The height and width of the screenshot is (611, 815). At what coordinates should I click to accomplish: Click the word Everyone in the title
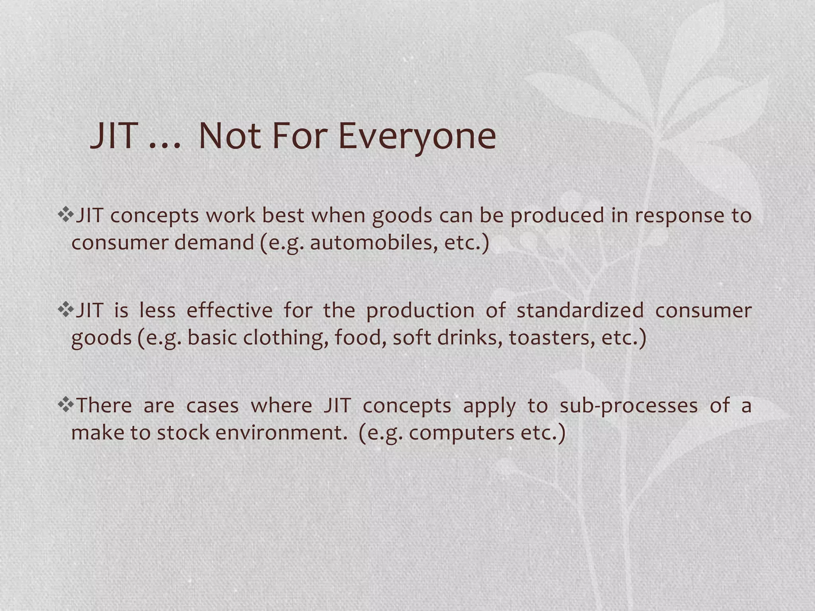pyautogui.click(x=417, y=136)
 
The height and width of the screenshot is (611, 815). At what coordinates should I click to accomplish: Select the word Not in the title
pyautogui.click(x=229, y=136)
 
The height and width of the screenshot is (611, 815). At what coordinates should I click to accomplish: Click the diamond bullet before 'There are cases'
pyautogui.click(x=66, y=405)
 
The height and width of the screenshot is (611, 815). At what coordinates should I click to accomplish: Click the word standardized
pyautogui.click(x=580, y=310)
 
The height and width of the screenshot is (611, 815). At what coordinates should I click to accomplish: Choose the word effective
pyautogui.click(x=229, y=310)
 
